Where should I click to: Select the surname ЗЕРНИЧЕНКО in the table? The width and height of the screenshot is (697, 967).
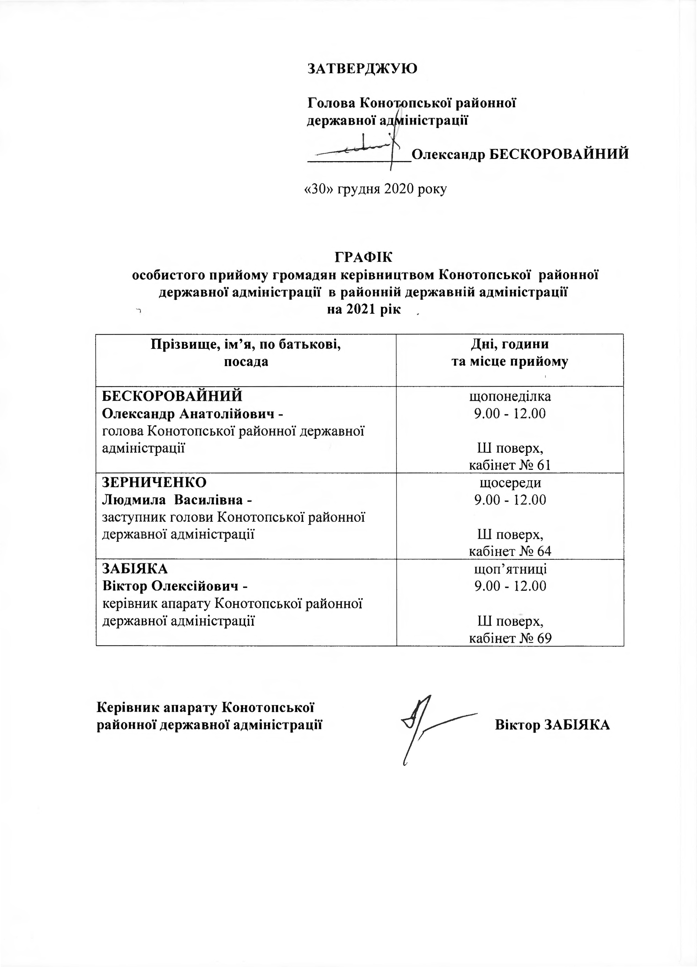click(154, 482)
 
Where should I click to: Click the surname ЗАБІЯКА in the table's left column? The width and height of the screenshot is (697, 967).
click(135, 569)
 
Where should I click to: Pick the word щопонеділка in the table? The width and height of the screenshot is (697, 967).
click(510, 396)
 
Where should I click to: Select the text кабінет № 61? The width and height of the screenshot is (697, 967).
click(510, 465)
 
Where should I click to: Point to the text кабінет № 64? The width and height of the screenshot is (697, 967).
click(510, 551)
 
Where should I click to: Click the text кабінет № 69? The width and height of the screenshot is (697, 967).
click(510, 638)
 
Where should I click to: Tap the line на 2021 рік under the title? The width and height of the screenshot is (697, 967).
click(364, 310)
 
